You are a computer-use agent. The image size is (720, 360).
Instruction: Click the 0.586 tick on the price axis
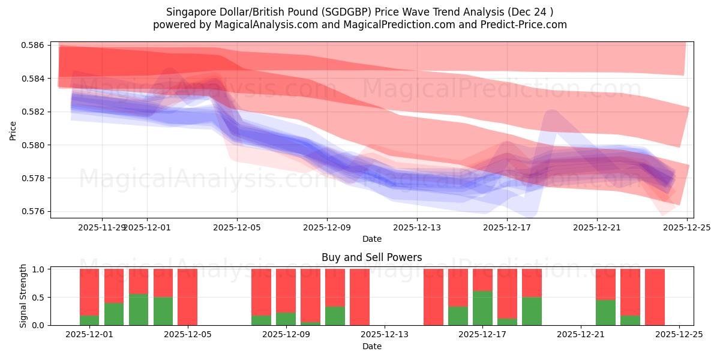pos(35,46)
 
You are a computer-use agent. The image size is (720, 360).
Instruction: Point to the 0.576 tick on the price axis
pos(35,212)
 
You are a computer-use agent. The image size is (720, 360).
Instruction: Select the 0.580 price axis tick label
pos(35,145)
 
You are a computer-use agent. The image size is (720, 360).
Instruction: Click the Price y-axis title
pos(13,130)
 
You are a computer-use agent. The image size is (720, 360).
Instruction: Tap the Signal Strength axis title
pos(23,296)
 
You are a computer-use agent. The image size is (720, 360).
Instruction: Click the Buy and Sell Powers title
pos(371,257)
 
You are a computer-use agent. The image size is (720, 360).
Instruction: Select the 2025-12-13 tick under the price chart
pos(416,227)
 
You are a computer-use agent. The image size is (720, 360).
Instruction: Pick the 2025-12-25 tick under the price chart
pos(686,227)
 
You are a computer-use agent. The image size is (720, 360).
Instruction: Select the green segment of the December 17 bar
pos(482,308)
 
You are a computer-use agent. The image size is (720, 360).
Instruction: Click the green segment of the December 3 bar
pos(139,310)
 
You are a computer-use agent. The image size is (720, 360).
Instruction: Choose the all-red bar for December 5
pos(187,297)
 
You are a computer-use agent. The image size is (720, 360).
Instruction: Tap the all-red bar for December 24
pos(655,297)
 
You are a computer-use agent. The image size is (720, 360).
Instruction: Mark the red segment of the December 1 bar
pos(89,292)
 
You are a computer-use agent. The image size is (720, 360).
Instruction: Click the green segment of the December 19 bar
pos(532,311)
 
